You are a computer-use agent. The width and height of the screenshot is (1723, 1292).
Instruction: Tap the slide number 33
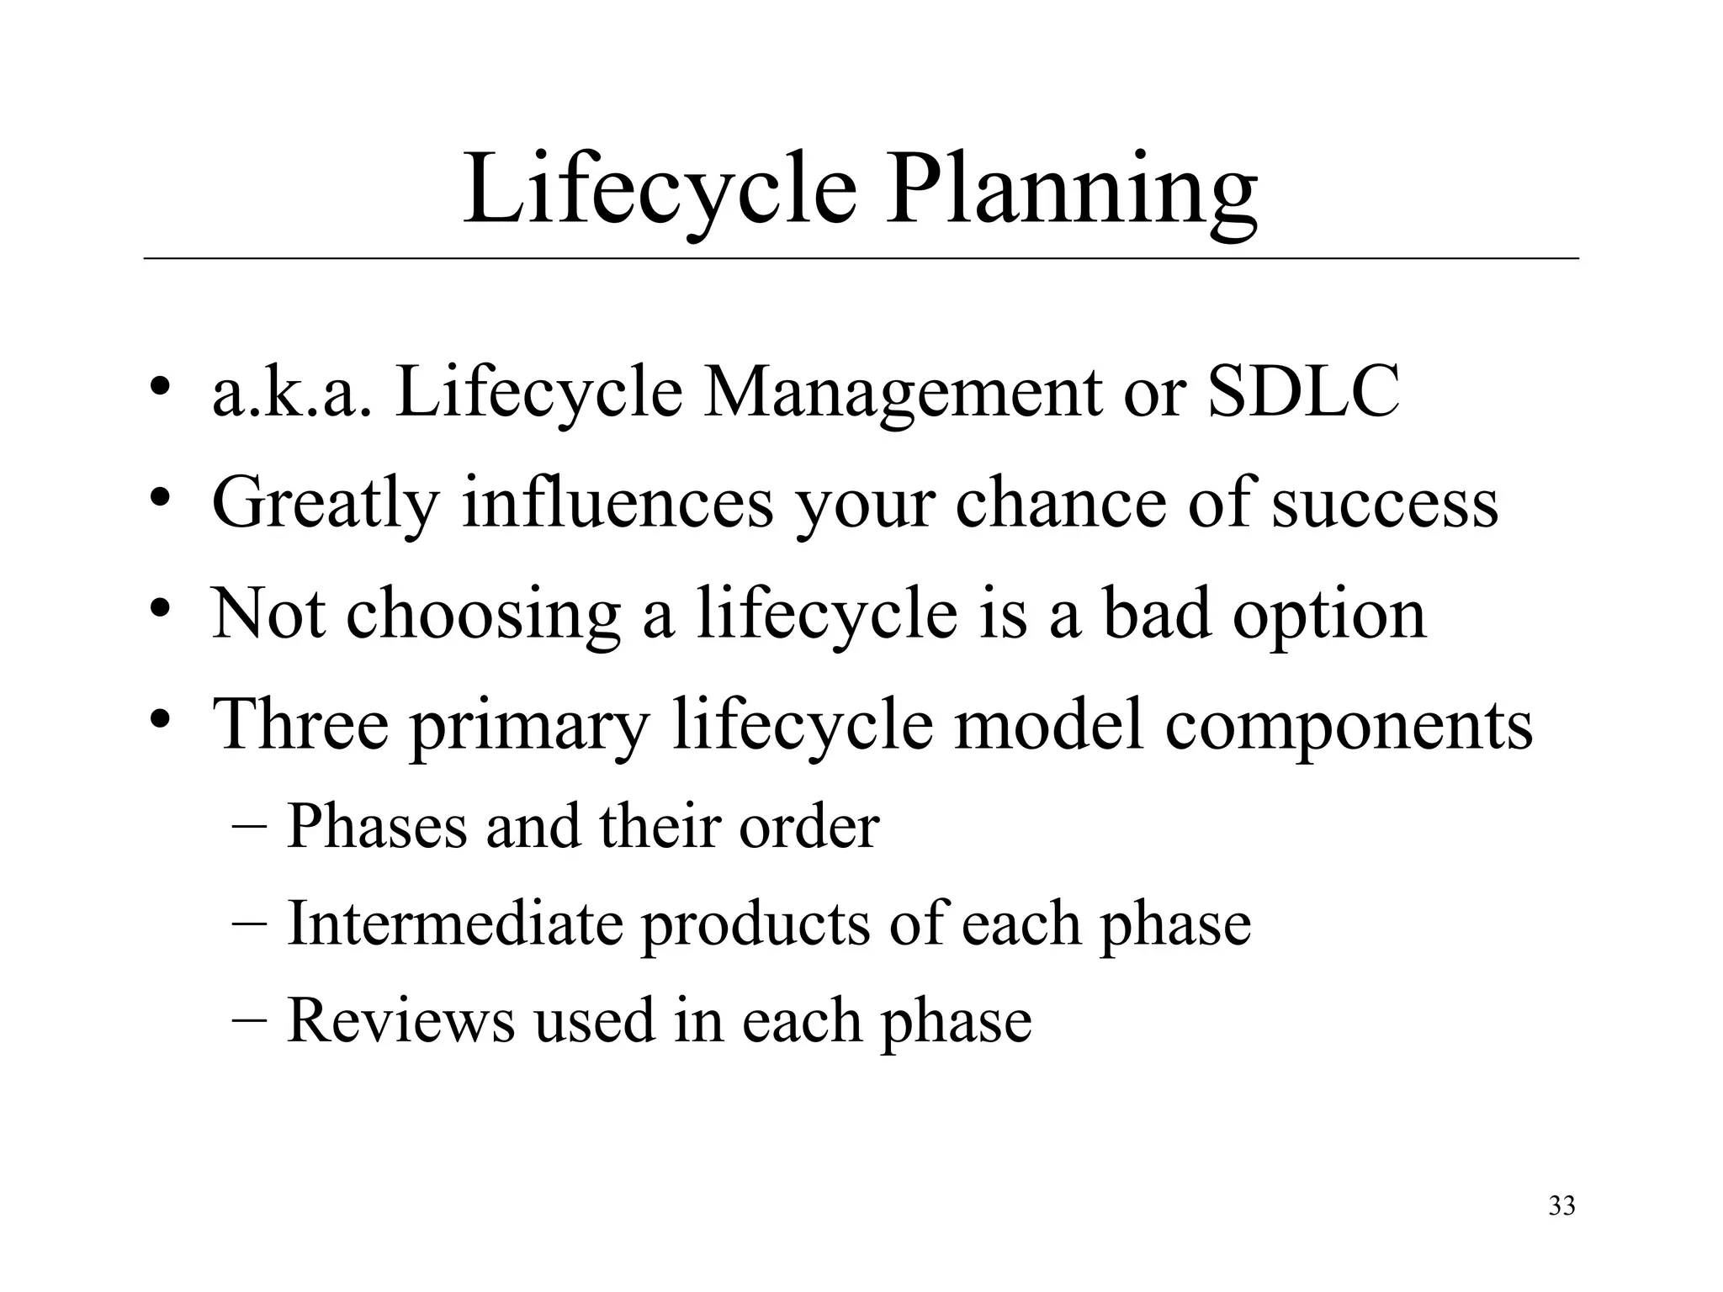pyautogui.click(x=1561, y=1206)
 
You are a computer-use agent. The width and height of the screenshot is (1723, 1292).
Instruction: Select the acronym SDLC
pyautogui.click(x=1304, y=392)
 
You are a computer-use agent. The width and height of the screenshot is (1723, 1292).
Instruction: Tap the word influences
pyautogui.click(x=618, y=503)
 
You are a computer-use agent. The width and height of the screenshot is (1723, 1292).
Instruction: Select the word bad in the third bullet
pyautogui.click(x=1157, y=614)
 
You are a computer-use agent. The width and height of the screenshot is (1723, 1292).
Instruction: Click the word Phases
pyautogui.click(x=376, y=826)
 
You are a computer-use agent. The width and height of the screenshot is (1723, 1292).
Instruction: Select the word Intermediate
pyautogui.click(x=454, y=923)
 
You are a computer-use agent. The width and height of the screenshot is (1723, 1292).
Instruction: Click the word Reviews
pyautogui.click(x=400, y=1020)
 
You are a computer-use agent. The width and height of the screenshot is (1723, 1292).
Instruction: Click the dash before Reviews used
pyautogui.click(x=249, y=1020)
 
